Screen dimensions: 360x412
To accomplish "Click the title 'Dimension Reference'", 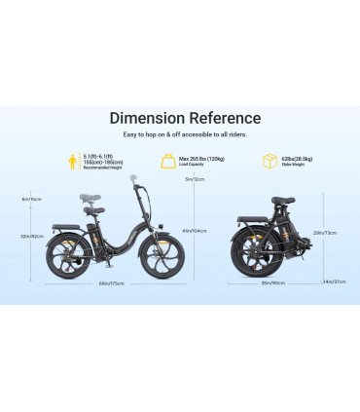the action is tap(185, 119).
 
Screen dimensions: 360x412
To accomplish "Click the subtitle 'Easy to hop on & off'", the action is tap(185, 134).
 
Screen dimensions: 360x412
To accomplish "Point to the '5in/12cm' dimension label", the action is tap(194, 179).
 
